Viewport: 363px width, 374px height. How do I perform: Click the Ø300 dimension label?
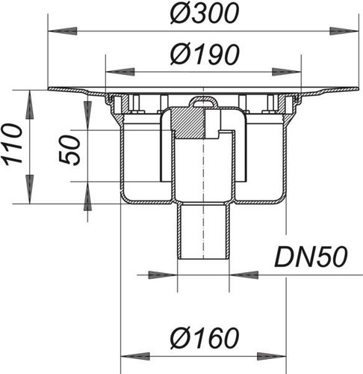205,13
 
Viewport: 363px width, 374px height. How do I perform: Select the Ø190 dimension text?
205,55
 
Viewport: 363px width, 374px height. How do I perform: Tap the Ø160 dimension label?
205,337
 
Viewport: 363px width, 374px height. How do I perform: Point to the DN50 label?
311,257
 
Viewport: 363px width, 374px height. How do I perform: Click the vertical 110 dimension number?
13,145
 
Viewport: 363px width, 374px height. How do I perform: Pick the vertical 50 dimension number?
70,150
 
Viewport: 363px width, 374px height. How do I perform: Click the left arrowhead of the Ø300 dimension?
62,31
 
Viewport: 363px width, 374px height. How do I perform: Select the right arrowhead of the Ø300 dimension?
344,31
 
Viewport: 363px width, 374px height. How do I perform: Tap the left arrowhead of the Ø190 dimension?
120,72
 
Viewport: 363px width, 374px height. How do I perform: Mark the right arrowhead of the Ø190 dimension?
287,72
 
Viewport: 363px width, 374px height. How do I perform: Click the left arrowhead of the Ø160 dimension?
135,356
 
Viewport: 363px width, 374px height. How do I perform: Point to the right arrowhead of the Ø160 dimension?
272,356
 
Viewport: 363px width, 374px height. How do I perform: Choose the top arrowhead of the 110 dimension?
29,105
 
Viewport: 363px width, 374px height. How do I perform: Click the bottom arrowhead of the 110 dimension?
29,189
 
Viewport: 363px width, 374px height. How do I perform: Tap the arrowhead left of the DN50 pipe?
163,275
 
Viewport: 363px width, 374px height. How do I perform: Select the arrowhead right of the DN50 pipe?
244,275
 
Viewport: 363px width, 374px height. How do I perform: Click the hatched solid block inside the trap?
187,123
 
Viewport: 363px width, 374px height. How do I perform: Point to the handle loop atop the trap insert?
203,102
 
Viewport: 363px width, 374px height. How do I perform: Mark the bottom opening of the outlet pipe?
203,260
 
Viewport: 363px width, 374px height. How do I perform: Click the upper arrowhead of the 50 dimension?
87,115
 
